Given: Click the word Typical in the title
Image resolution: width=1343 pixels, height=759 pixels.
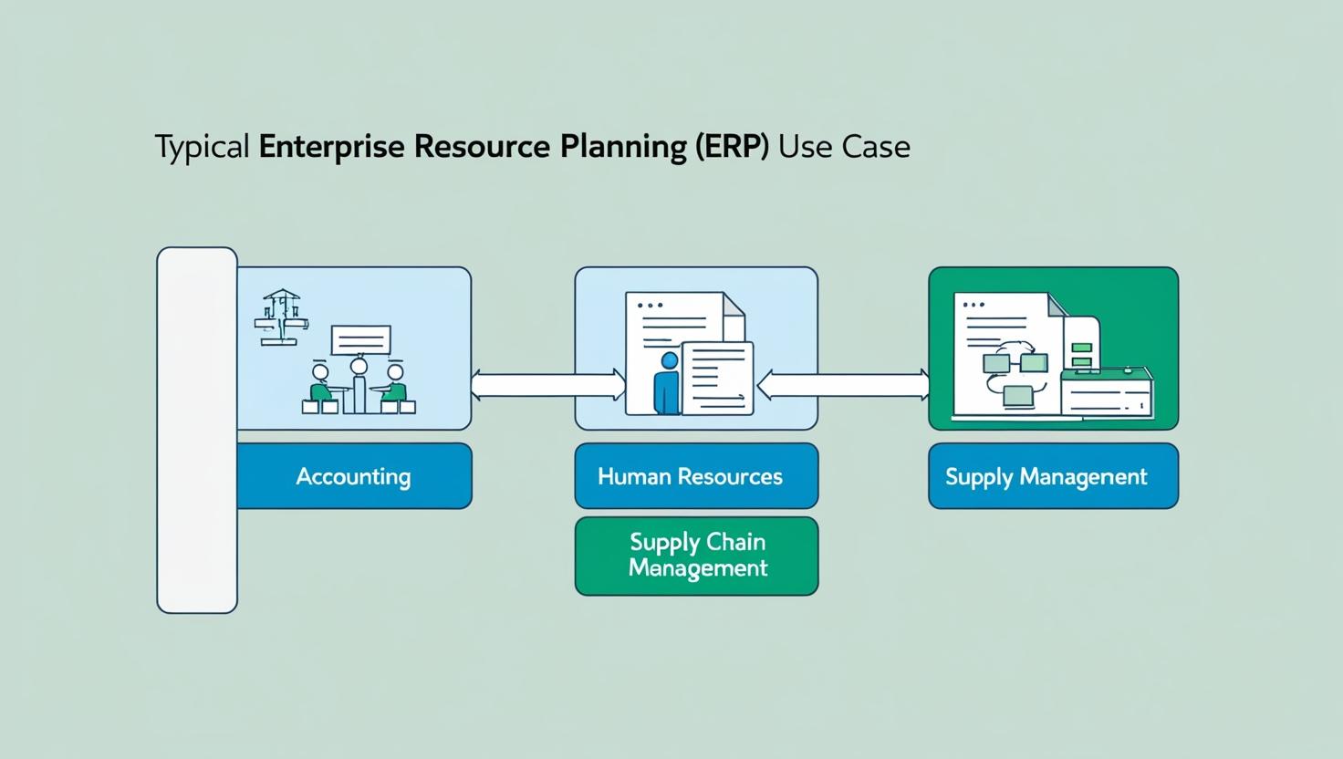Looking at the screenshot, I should coord(202,148).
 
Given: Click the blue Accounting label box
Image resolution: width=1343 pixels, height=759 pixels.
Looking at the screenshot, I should coord(354,476).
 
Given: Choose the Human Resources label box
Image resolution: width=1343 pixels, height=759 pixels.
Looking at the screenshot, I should coord(695,476).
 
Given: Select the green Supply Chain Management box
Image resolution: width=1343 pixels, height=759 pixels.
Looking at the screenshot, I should coord(695,556).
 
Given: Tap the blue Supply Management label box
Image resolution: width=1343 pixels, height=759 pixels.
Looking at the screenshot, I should coord(1052,476).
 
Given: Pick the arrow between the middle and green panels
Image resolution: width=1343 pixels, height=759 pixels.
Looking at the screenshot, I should coord(843,384).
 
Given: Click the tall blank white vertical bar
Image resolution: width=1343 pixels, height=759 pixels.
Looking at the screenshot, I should coord(197,430).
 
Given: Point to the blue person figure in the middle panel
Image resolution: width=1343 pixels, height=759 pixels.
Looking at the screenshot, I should coord(668,383).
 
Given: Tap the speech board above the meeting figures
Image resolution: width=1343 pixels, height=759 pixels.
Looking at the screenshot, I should coord(360,340).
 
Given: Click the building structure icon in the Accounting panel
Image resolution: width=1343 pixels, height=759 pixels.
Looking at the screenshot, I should coord(281,317).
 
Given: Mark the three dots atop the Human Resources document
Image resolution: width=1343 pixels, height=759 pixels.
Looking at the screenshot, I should coord(650,306).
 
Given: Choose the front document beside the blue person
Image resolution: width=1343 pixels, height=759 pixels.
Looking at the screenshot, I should coord(718,377).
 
